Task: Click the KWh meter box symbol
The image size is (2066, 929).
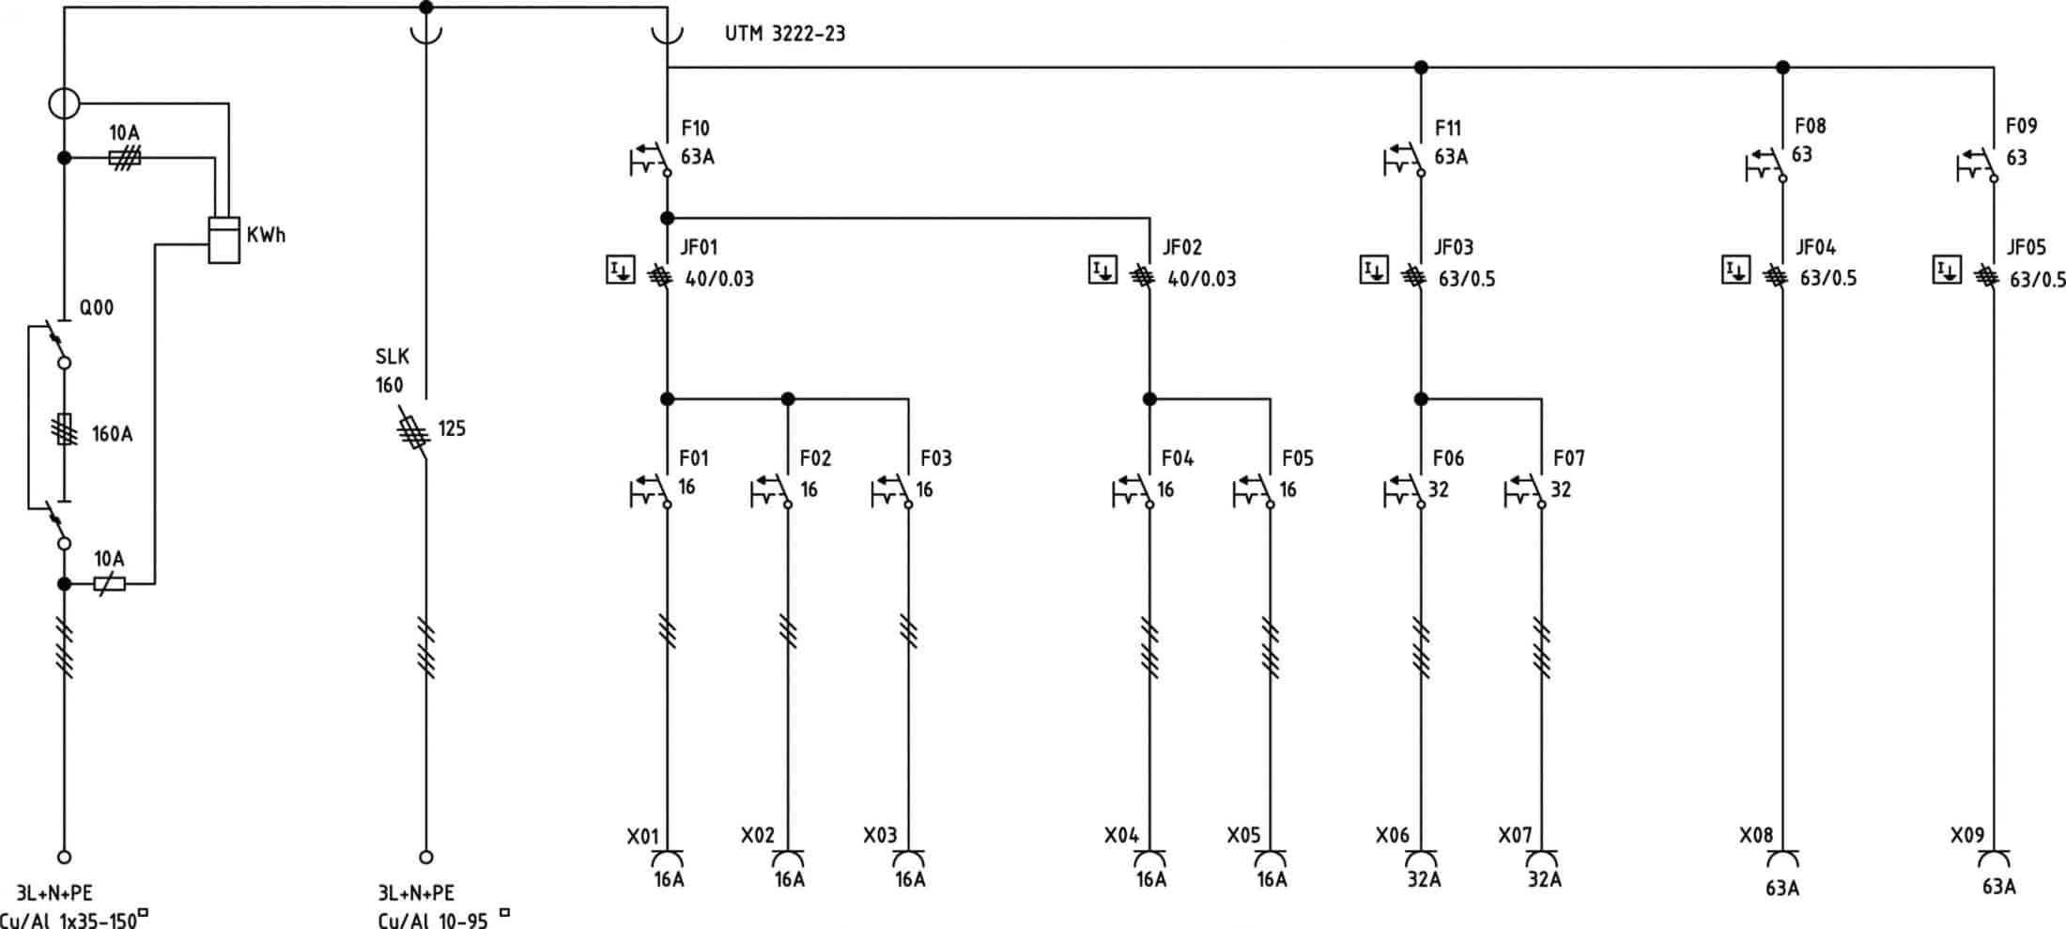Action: coord(224,240)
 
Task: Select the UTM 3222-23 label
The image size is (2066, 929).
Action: coord(784,34)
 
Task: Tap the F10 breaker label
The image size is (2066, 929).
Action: coord(695,128)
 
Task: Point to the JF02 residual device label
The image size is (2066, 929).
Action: coord(1181,247)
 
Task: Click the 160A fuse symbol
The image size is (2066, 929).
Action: coord(65,430)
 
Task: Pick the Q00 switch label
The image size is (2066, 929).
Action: coord(96,308)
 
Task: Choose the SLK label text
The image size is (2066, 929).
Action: coord(392,357)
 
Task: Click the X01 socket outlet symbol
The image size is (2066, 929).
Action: coord(668,858)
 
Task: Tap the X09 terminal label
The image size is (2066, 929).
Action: coord(1966,835)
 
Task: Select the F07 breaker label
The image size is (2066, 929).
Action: coord(1568,458)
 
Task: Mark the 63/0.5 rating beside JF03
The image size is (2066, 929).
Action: coord(1467,279)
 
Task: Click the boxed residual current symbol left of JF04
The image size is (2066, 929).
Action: coord(1735,271)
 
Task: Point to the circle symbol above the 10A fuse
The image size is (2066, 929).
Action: coord(64,103)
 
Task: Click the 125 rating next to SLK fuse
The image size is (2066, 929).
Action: coord(452,429)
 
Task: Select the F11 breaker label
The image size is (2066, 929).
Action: coord(1448,128)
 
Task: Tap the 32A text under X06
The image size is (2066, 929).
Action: coord(1424,880)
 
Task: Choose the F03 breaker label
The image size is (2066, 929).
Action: coord(935,458)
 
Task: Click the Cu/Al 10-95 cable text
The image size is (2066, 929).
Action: coord(433,920)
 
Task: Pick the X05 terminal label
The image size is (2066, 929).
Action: coord(1243,835)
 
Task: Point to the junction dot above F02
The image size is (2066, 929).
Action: coord(788,399)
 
